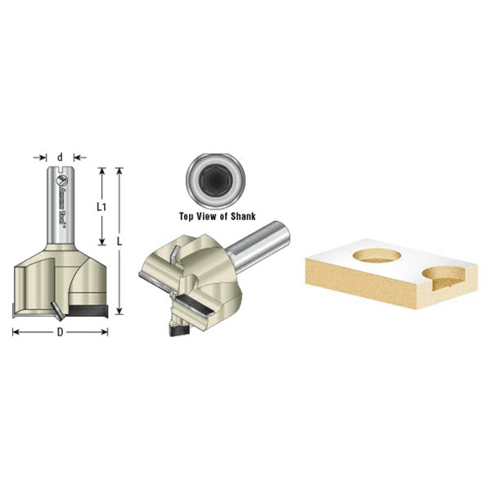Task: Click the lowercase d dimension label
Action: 61,155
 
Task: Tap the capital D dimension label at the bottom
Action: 61,332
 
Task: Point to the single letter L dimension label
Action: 121,242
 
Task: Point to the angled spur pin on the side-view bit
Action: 55,309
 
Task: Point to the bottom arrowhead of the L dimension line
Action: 121,311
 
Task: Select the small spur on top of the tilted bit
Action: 174,251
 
